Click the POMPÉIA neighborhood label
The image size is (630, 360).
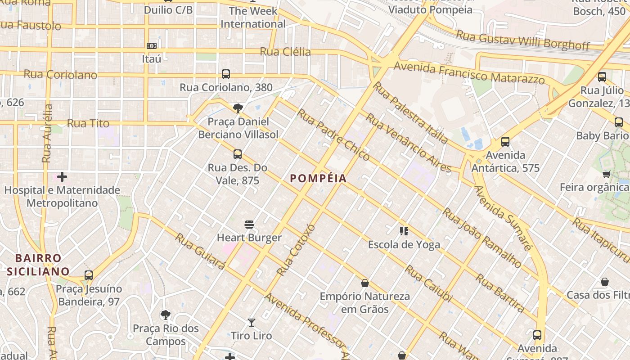pos(318,178)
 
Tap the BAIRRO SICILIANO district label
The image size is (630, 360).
pos(38,265)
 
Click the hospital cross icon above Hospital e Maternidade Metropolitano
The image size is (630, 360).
pos(62,177)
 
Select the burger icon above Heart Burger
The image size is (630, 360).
pos(249,225)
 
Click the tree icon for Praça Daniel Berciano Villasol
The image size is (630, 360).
pos(238,108)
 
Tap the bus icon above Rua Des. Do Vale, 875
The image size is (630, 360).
pos(238,154)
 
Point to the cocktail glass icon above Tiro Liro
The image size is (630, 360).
pos(252,323)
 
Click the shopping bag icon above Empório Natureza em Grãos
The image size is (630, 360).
pos(364,283)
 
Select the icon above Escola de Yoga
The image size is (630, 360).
pos(404,231)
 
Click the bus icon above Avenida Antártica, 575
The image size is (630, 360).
pos(505,142)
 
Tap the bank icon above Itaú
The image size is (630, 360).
pos(152,45)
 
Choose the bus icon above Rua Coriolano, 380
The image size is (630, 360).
pos(226,74)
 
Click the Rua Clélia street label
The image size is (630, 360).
pos(285,52)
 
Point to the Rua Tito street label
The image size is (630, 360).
pos(88,123)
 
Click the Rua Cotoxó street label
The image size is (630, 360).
pos(296,249)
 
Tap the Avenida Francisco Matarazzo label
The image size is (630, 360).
pos(469,73)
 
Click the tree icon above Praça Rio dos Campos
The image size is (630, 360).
pos(166,315)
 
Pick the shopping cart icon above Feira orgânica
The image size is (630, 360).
pos(606,174)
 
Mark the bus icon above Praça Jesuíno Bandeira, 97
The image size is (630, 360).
pos(89,275)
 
